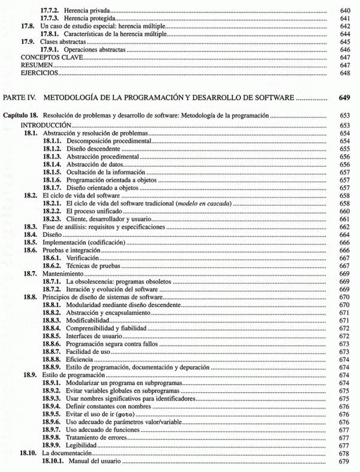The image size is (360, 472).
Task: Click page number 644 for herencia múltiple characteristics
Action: coord(344,34)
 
